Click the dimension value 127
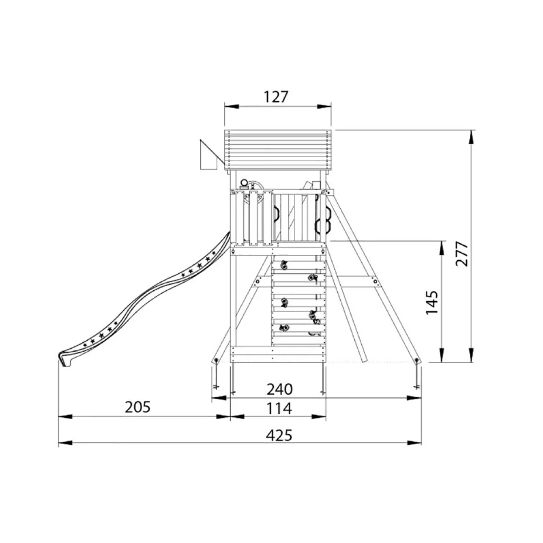tap(276, 97)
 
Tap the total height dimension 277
tap(462, 254)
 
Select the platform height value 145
tap(431, 302)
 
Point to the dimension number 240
tap(279, 389)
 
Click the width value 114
tap(279, 408)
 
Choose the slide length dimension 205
tap(138, 407)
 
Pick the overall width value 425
tap(279, 435)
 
